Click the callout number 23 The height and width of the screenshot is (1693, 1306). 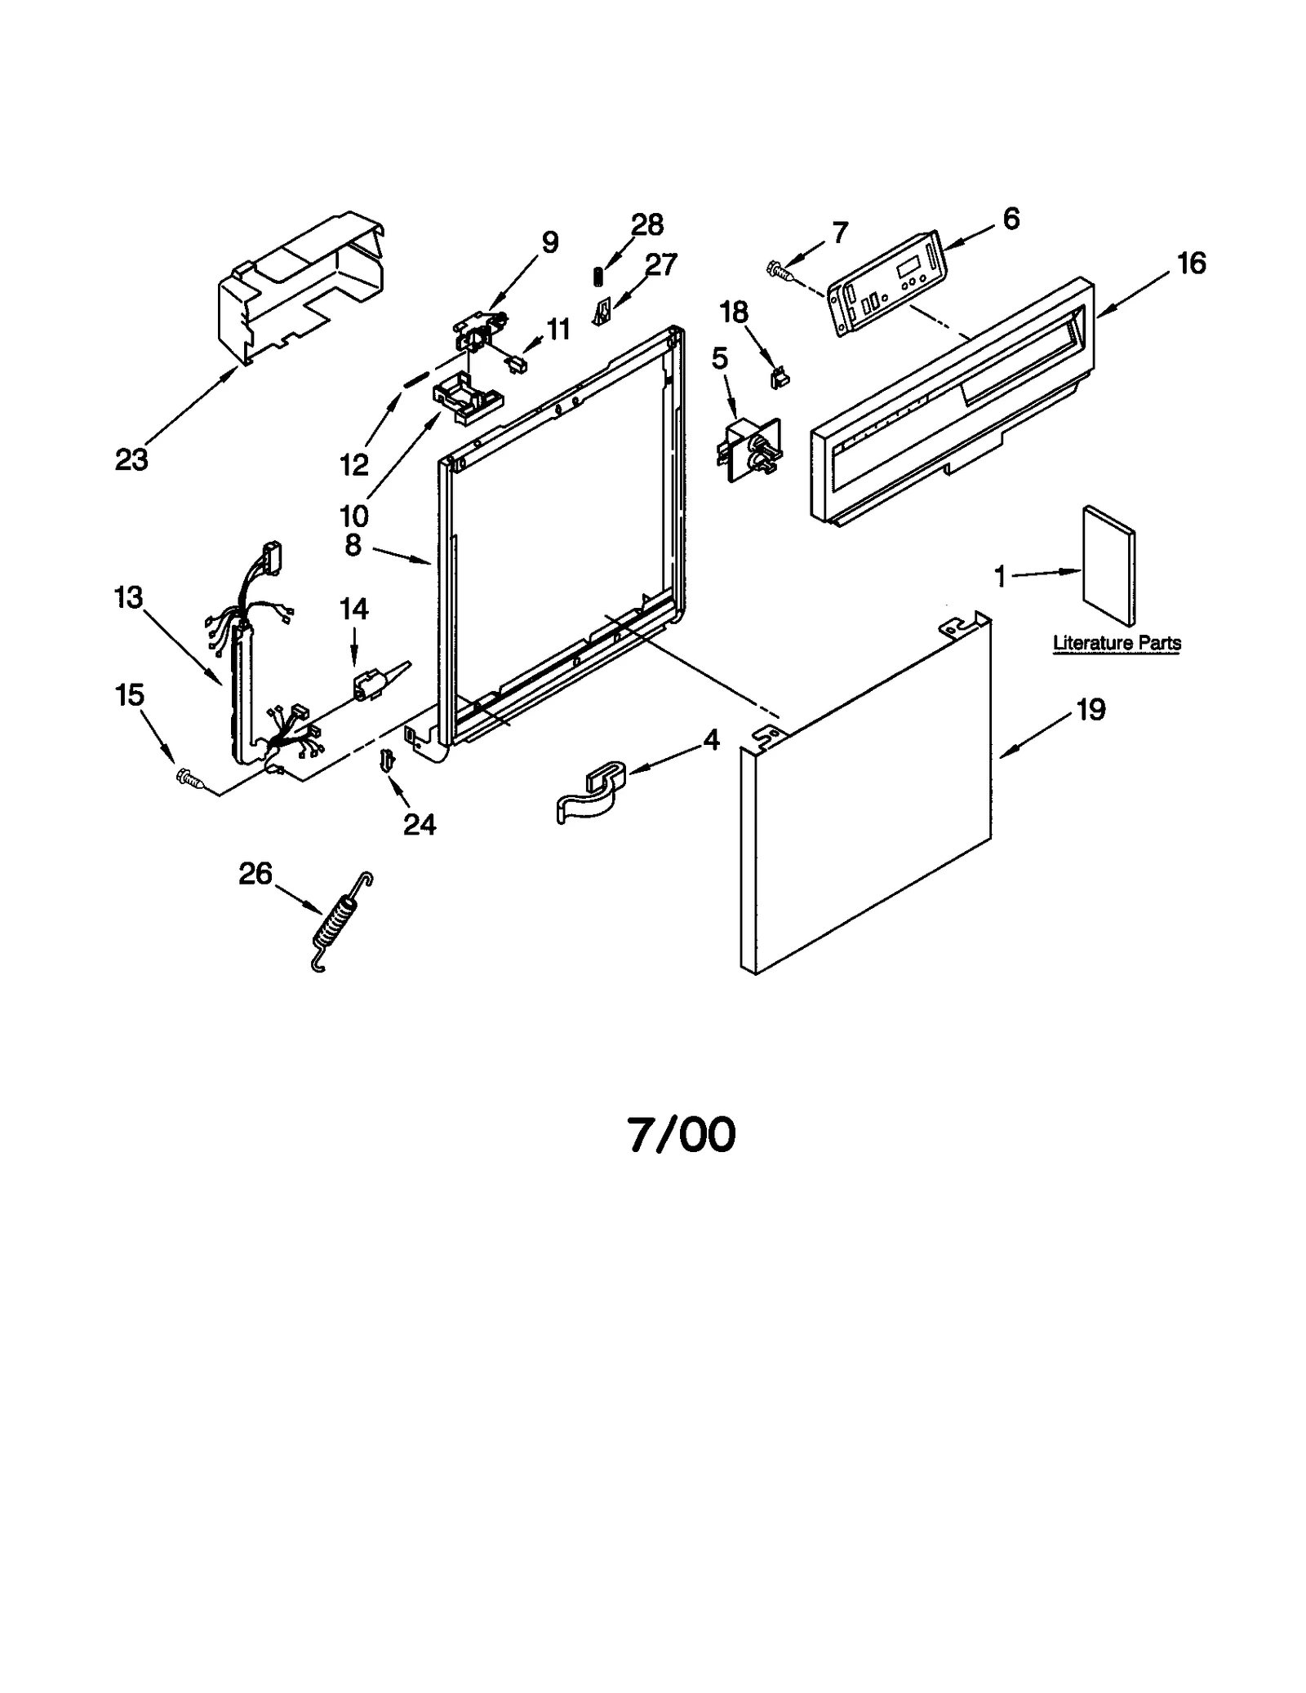pos(131,460)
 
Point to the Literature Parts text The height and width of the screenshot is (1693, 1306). pos(1117,643)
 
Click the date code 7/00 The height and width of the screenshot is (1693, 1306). pos(682,1134)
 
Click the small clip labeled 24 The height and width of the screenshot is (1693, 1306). pos(387,760)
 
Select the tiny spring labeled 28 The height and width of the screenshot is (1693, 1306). pos(597,277)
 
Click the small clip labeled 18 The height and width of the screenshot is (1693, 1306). pos(780,377)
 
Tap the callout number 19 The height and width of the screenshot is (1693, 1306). pos(1091,709)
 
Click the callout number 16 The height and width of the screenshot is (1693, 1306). pos(1192,264)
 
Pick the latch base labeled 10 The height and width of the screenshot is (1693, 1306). pos(467,397)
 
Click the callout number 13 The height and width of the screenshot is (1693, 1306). pos(128,597)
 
